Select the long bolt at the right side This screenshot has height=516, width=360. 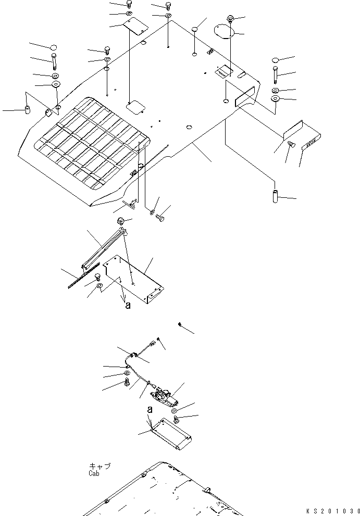point(275,74)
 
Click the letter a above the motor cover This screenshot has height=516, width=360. point(150,410)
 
